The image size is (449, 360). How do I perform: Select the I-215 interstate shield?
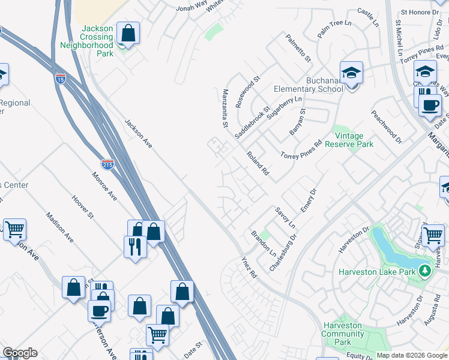(107, 164)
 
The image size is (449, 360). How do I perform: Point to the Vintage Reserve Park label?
(349, 140)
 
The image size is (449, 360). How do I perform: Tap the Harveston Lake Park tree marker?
(425, 271)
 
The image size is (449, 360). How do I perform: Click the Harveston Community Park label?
(342, 334)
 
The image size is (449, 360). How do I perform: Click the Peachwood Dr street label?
(386, 127)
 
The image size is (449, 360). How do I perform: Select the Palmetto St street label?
(298, 48)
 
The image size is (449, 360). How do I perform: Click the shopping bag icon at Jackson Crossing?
(128, 32)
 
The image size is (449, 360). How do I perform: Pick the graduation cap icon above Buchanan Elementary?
(352, 72)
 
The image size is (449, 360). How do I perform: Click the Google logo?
(20, 353)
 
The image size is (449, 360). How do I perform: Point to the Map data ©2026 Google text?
(411, 355)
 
